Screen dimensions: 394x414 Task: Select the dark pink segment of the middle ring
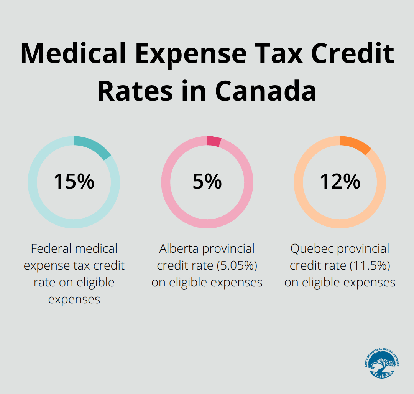[x=214, y=141]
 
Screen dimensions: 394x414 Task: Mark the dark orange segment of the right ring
[x=356, y=144]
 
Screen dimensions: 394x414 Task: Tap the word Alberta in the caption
[x=179, y=249]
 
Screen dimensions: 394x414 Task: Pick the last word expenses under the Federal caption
[x=74, y=300]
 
